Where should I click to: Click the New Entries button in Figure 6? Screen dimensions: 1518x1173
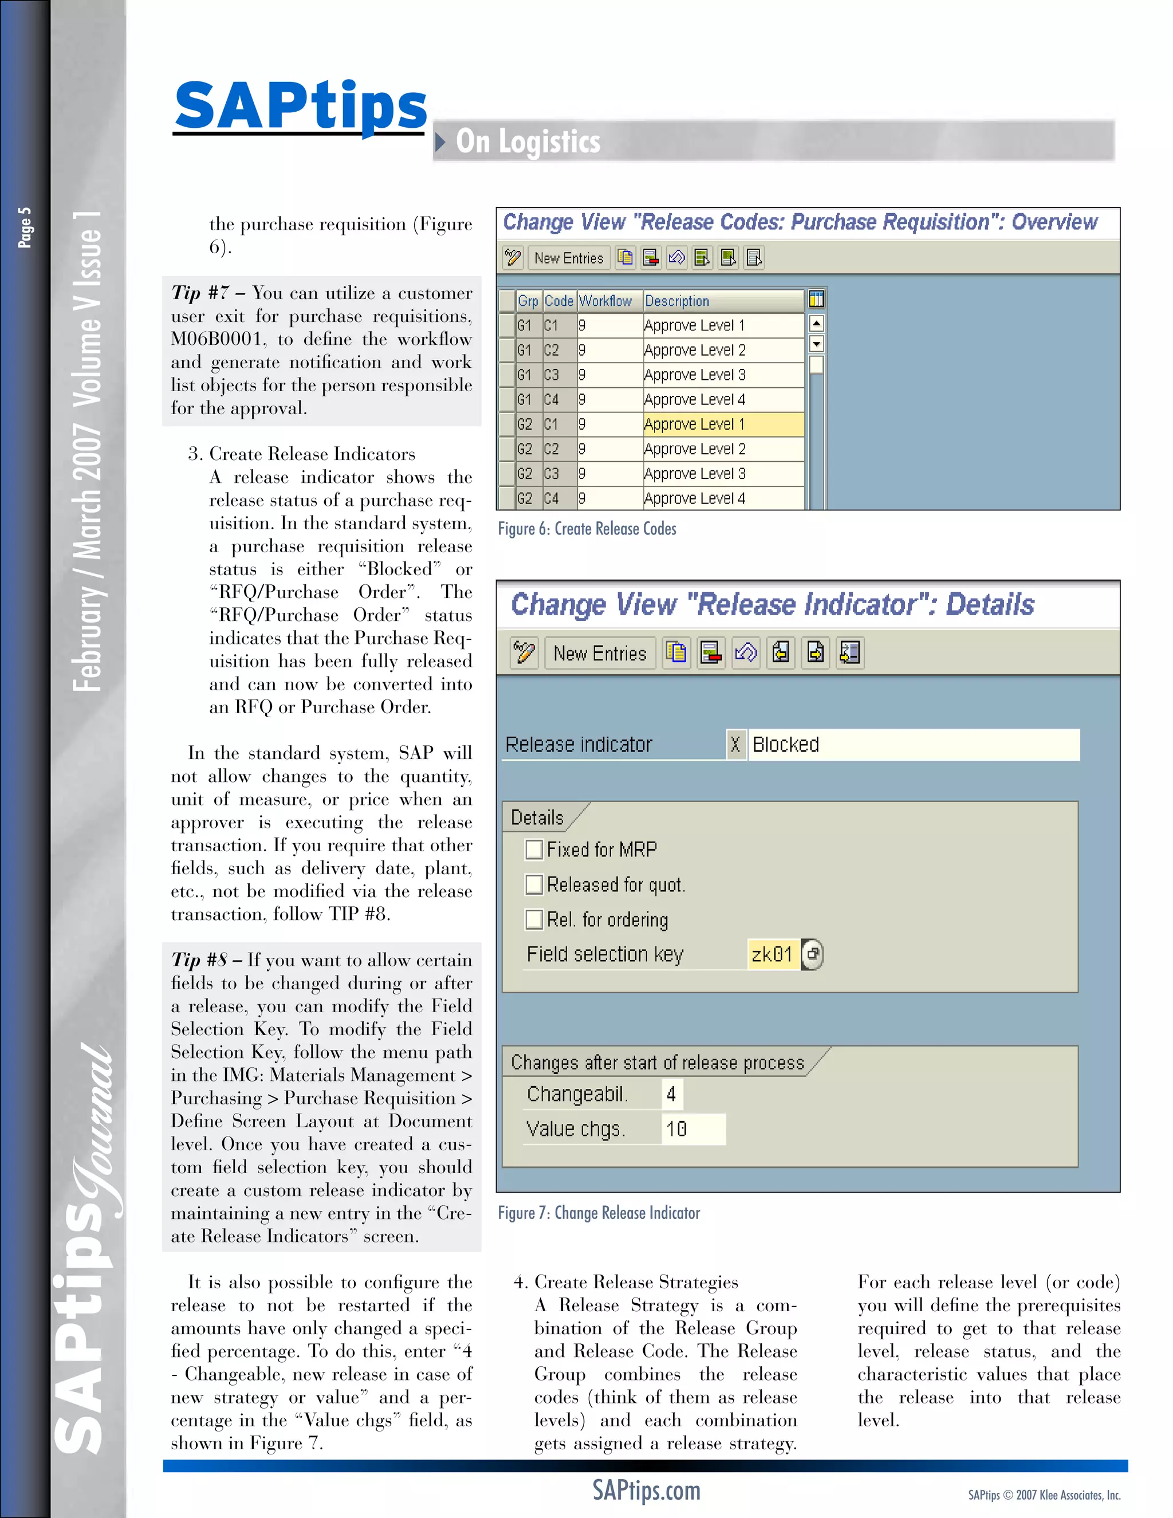(568, 258)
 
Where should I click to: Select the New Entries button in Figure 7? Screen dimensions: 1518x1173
(599, 654)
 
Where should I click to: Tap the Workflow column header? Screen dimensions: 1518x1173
(605, 301)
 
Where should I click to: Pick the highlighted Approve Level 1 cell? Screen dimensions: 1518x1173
(723, 424)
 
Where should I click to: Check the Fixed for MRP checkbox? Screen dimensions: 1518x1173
(534, 850)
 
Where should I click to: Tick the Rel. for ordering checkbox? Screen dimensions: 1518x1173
(534, 919)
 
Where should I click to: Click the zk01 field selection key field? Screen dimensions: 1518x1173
(772, 954)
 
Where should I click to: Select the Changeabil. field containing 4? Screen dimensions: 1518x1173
(672, 1094)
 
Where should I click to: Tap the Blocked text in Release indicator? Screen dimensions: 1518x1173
(785, 745)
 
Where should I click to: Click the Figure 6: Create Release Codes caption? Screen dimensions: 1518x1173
(586, 529)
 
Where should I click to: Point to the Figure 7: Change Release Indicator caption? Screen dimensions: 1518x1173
(599, 1213)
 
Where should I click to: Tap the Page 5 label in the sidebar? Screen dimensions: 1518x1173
(25, 227)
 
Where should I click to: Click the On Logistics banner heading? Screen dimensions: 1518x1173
(528, 141)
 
